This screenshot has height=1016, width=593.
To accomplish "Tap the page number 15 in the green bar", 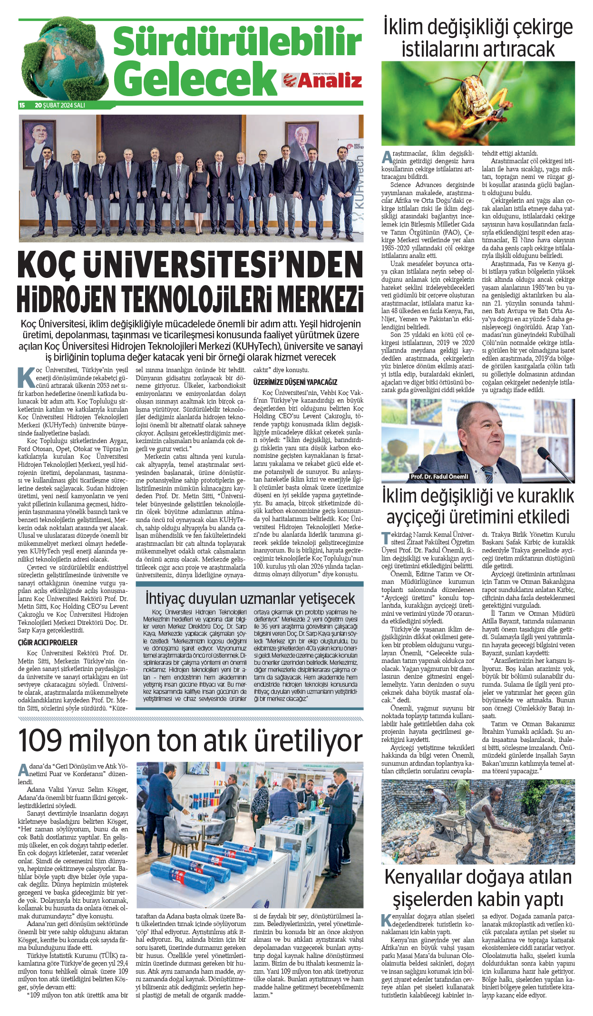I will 22,105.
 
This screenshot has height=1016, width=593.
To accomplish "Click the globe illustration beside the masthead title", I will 64,59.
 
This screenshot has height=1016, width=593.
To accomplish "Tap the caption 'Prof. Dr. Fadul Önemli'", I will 439,476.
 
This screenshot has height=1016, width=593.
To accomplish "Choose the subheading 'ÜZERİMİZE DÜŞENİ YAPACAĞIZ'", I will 295,382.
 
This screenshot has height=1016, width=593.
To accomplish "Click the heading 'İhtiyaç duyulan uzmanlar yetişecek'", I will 250,598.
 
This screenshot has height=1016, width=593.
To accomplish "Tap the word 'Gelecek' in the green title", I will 195,79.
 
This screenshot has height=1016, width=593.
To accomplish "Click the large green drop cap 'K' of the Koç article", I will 26,377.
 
